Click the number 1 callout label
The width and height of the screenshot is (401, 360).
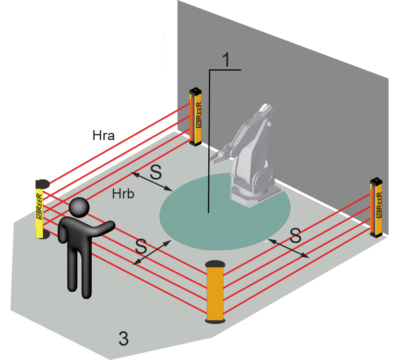225,60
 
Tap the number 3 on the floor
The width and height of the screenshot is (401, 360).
124,339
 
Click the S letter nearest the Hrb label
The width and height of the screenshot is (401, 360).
156,172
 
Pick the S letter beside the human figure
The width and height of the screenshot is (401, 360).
141,246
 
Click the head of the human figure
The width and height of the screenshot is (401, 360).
79,208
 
